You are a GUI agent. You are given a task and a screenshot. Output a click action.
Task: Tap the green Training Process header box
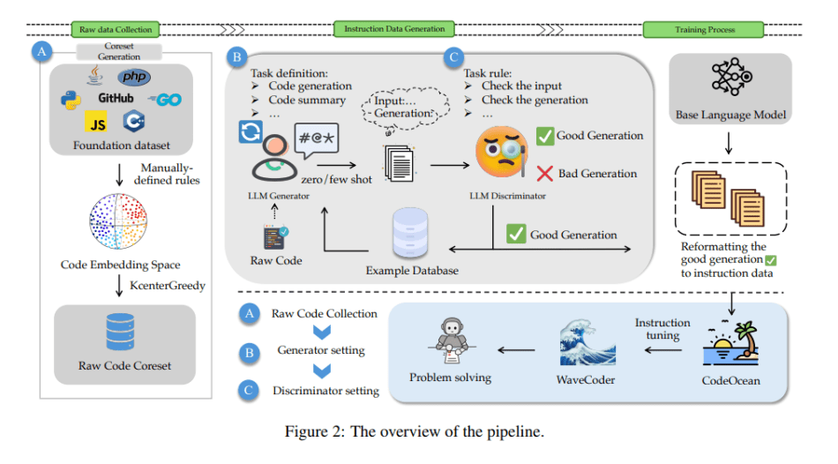(x=703, y=30)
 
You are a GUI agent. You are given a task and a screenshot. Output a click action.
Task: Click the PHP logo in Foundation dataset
(x=135, y=79)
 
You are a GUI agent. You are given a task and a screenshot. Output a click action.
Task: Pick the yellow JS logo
(x=95, y=121)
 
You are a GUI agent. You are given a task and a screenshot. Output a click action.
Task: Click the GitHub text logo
(x=116, y=99)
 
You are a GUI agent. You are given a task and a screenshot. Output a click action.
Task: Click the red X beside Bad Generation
(x=544, y=173)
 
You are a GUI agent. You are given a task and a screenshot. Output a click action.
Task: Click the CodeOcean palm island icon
(x=730, y=345)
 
